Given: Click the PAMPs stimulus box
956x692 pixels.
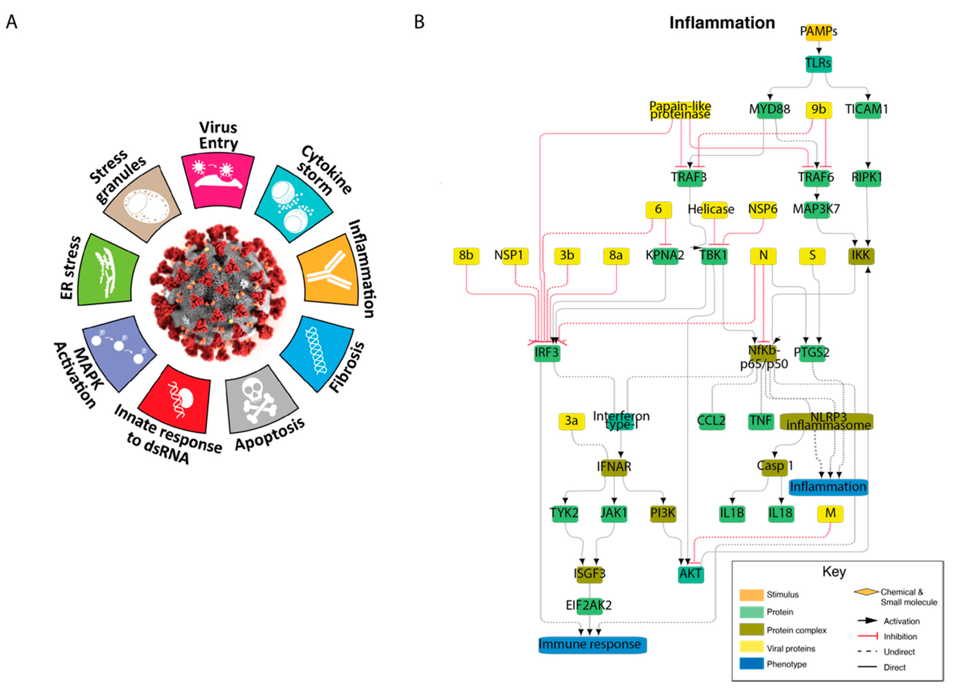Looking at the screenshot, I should (818, 32).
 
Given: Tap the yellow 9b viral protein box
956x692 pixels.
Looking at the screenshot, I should (818, 110).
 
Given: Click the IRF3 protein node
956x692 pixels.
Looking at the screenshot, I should (547, 352).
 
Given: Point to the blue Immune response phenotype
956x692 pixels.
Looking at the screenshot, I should (592, 645).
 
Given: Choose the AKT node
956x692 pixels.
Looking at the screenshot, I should (690, 574).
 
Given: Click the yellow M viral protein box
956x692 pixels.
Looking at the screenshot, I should (830, 513).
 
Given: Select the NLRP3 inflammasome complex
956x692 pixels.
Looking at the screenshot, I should (826, 421).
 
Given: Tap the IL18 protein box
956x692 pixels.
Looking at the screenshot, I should (781, 513).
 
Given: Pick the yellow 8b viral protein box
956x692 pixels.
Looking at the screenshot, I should (466, 255).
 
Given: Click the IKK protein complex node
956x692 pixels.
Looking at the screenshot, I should (861, 255).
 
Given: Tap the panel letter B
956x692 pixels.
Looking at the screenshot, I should (419, 22).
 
